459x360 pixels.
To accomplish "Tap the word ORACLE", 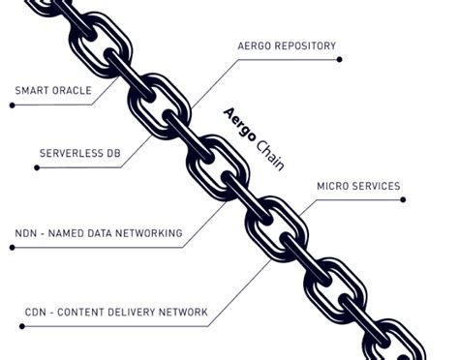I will coord(72,91).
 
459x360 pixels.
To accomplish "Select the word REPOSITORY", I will coord(304,45).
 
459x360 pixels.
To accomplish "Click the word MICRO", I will coord(334,186).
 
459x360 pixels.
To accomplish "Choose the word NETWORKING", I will coord(149,233).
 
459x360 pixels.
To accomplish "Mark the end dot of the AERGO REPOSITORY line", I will coord(339,59).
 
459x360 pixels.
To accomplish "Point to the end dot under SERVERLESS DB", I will coord(36,167).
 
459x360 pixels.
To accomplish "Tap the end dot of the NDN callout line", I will coord(12,248).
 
